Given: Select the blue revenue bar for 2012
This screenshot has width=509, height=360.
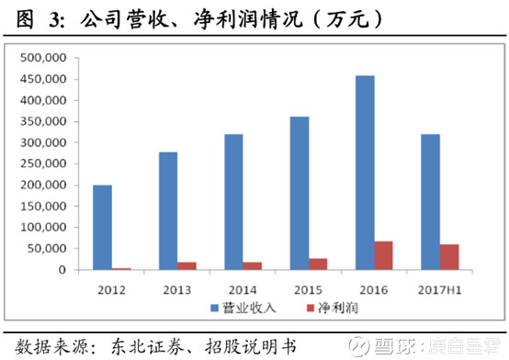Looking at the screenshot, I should click(x=103, y=227).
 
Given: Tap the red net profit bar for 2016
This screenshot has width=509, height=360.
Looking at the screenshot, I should click(x=384, y=255).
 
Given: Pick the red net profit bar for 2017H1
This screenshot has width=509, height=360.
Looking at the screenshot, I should click(x=449, y=257).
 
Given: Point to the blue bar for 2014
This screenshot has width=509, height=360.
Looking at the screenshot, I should click(x=233, y=202).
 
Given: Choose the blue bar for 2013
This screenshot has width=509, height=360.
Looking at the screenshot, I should click(x=168, y=210).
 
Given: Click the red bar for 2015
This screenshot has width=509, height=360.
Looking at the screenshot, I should click(x=319, y=264).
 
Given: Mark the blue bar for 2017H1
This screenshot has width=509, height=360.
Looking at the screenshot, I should click(x=429, y=202).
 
